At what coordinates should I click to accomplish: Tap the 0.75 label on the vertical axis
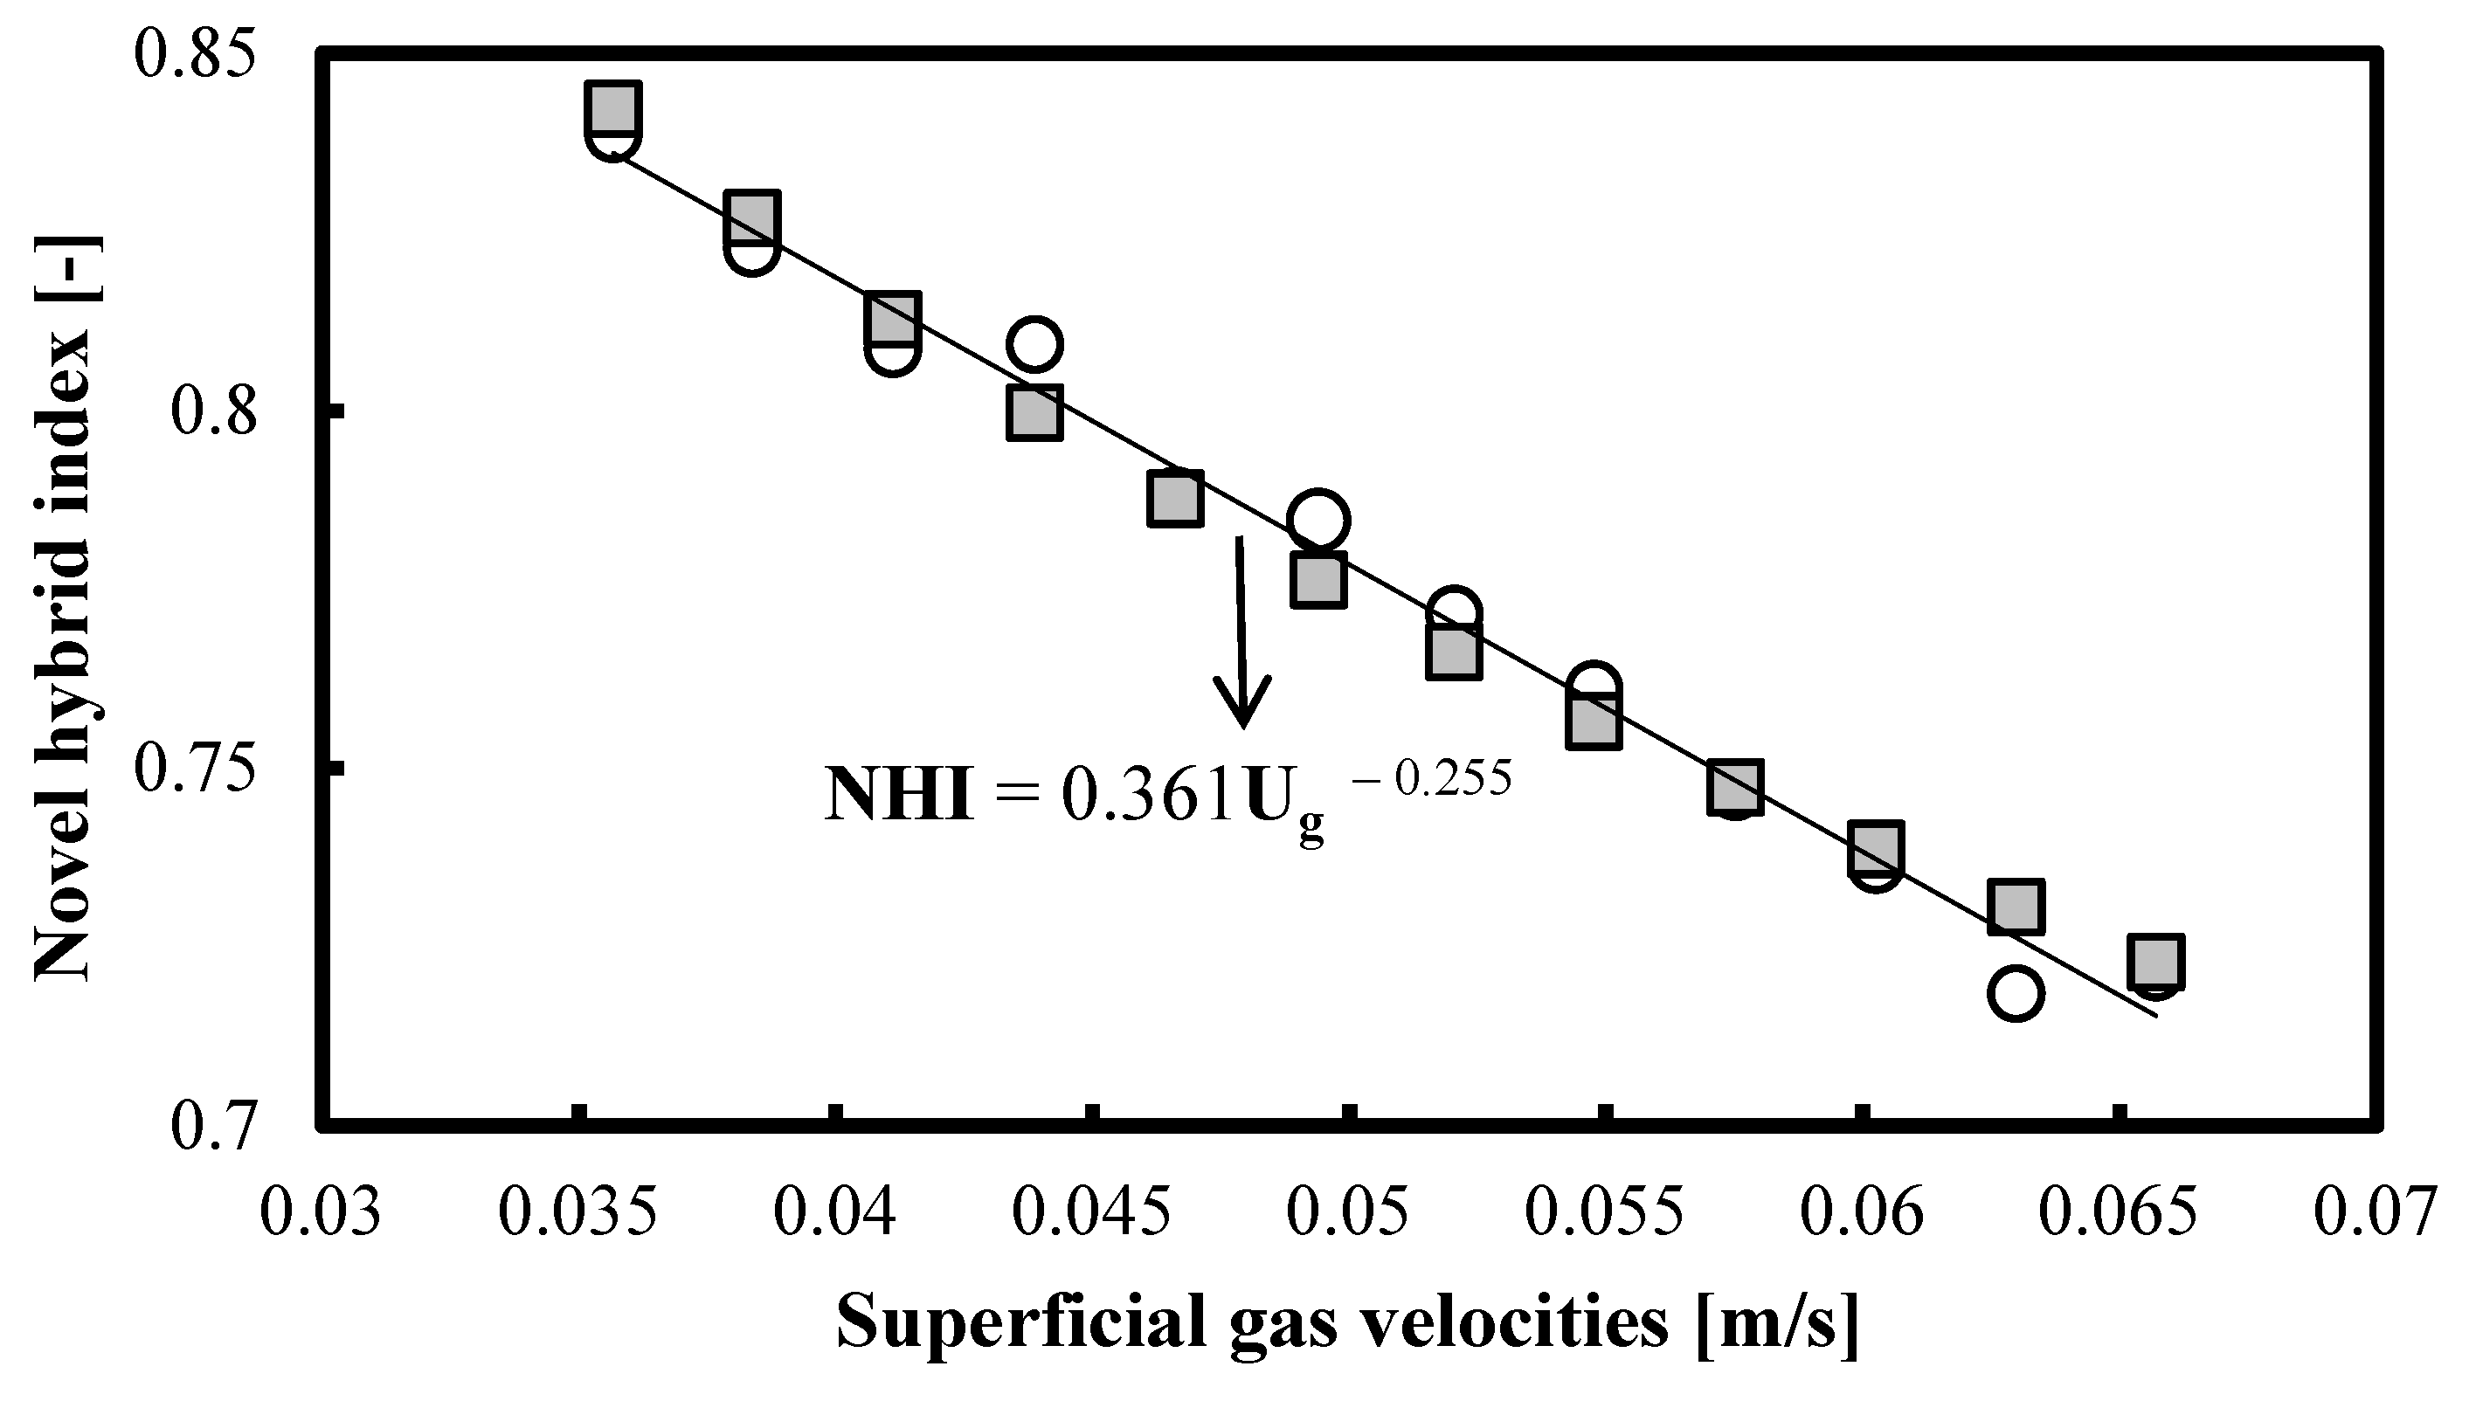click(197, 767)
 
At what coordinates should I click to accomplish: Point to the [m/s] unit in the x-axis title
click(1777, 1323)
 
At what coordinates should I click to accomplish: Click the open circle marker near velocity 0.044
click(1034, 343)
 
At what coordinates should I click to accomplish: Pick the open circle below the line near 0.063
click(2015, 993)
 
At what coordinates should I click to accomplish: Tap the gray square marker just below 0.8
click(1034, 413)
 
